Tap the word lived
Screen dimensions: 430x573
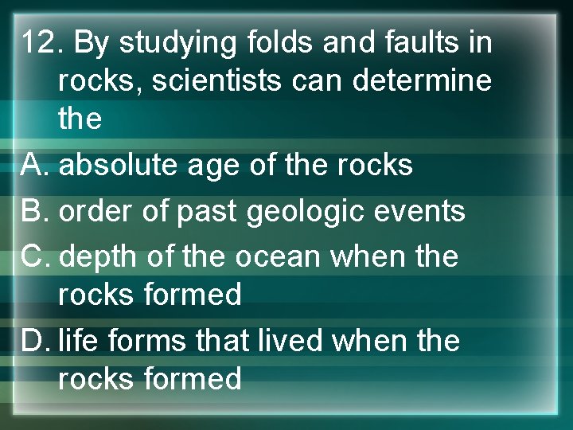pyautogui.click(x=294, y=341)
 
